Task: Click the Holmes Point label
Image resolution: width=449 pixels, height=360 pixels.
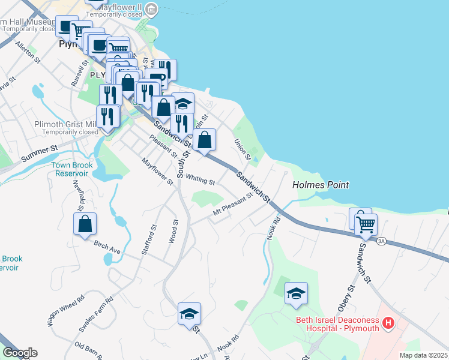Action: click(320, 185)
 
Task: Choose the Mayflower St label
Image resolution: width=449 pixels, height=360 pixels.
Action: click(157, 171)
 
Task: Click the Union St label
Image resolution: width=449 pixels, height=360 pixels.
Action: click(241, 149)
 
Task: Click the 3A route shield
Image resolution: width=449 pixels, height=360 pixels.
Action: click(381, 242)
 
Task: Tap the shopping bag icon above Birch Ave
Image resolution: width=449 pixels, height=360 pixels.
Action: click(85, 224)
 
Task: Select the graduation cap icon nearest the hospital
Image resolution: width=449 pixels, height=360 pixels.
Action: click(296, 293)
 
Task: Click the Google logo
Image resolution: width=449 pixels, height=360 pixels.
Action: click(20, 353)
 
